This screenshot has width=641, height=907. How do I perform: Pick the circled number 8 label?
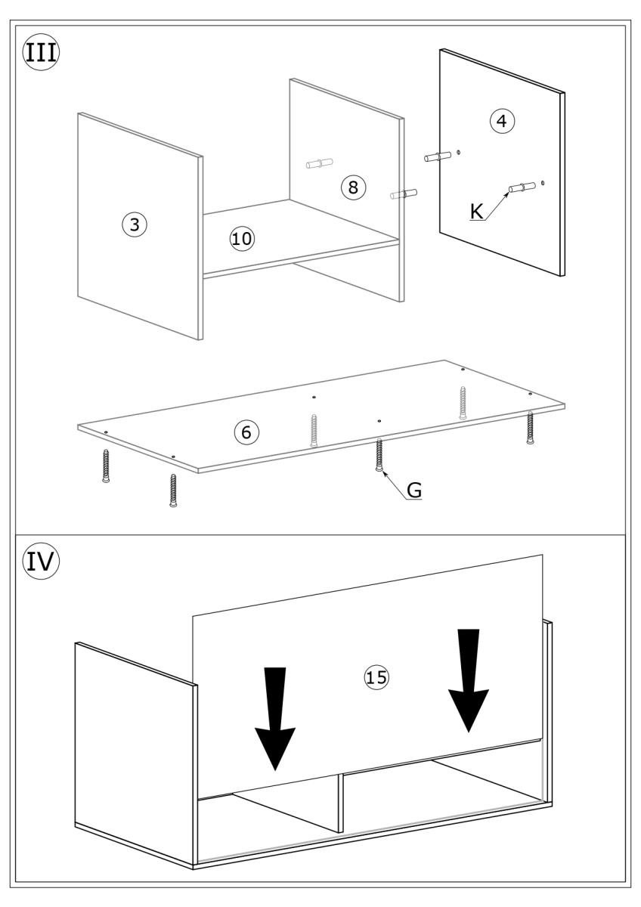[352, 187]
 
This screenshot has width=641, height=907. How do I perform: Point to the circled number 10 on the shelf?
[243, 239]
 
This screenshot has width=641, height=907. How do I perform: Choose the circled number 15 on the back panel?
[376, 678]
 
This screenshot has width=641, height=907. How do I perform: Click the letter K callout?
[476, 212]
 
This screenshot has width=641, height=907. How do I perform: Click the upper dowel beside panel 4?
[438, 156]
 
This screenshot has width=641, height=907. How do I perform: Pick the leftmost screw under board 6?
[105, 466]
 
